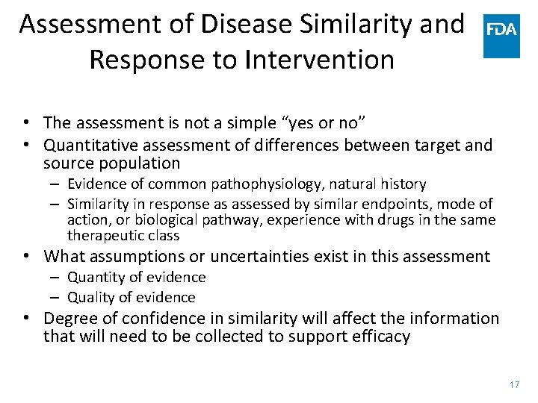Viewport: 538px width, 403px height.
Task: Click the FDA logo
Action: [x=501, y=35]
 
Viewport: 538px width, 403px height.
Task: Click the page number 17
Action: [x=513, y=384]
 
